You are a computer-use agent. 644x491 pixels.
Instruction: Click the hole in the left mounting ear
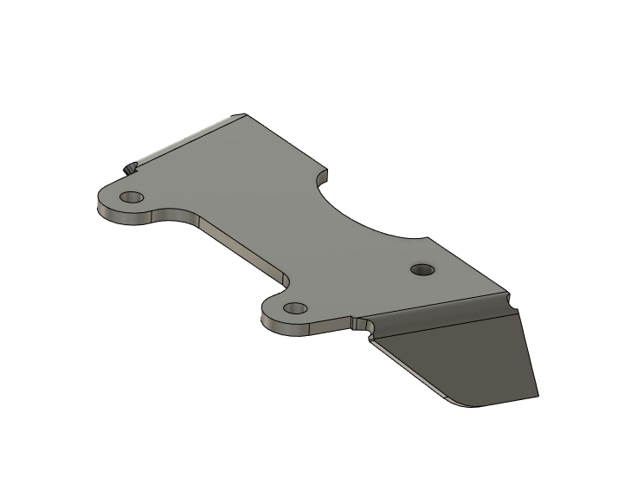click(x=132, y=197)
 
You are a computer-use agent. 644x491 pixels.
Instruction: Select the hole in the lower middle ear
click(x=295, y=307)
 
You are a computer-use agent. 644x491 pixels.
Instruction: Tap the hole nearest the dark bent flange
click(x=422, y=268)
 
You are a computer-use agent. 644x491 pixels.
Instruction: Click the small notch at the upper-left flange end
click(x=131, y=165)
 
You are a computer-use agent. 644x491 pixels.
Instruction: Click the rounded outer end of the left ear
click(x=101, y=205)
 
